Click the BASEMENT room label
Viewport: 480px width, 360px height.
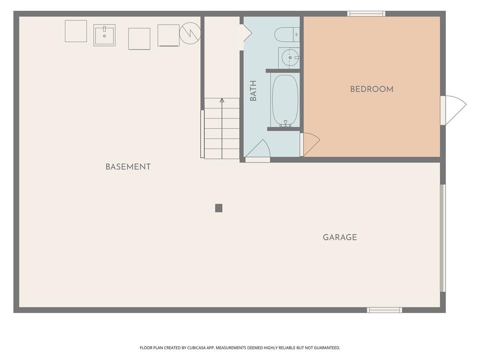tap(128, 167)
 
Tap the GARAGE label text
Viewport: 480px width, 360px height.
tap(340, 237)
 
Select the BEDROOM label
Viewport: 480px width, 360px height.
tap(372, 89)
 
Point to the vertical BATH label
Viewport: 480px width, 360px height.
tap(253, 91)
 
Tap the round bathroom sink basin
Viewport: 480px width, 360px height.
tap(290, 58)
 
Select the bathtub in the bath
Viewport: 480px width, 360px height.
tap(285, 100)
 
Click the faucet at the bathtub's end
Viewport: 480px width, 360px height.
tap(285, 123)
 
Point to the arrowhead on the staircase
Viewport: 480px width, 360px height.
tap(222, 100)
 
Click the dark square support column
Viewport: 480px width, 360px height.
tap(218, 208)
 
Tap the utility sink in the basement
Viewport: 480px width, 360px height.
tap(105, 35)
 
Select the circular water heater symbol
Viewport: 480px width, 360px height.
tap(190, 32)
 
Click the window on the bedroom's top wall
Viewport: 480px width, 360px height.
tap(366, 14)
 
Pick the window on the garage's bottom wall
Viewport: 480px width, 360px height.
tap(384, 310)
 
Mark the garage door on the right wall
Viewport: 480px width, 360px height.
tap(442, 238)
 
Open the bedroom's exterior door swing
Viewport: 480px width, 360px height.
tap(454, 110)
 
